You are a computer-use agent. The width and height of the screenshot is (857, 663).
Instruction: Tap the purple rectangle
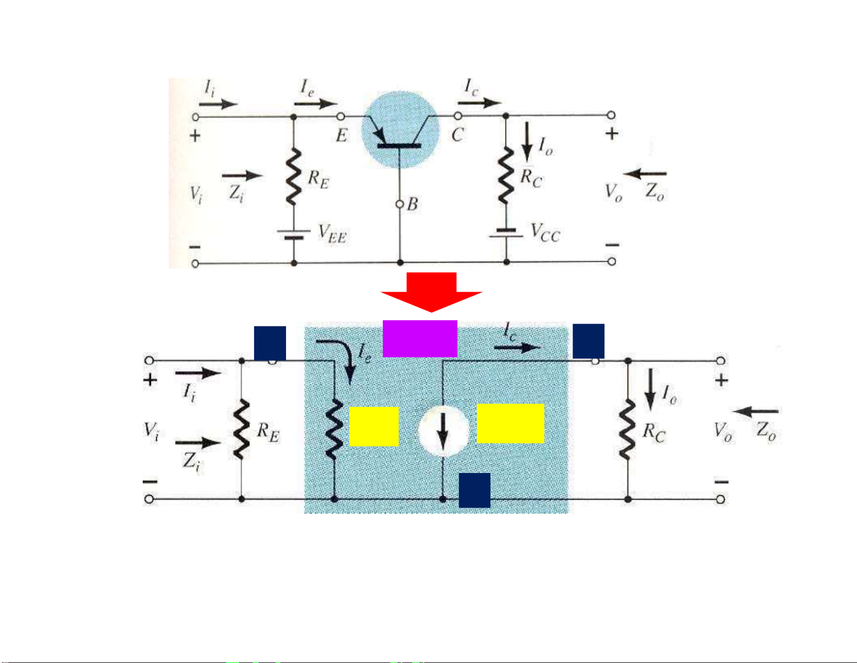click(420, 339)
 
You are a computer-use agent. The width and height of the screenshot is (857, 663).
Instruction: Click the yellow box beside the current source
click(510, 423)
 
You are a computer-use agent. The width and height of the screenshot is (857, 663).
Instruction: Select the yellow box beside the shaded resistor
click(374, 426)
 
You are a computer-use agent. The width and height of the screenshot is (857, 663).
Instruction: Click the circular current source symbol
click(443, 431)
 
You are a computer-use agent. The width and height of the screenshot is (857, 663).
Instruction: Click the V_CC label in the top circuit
click(545, 233)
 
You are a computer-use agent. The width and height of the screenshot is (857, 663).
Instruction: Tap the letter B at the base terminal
click(413, 204)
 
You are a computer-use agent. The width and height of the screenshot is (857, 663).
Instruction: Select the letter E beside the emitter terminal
click(341, 135)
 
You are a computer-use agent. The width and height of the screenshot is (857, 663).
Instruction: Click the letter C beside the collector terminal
click(457, 135)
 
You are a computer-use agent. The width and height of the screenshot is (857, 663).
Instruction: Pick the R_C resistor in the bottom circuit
click(628, 430)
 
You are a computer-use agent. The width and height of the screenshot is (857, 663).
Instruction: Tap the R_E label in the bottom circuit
click(268, 432)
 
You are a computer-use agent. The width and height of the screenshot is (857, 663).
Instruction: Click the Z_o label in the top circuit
click(655, 192)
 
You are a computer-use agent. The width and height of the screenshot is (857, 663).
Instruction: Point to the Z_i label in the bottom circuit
click(190, 462)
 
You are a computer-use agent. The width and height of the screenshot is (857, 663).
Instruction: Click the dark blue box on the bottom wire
click(474, 490)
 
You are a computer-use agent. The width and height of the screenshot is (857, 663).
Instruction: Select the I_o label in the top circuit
click(546, 146)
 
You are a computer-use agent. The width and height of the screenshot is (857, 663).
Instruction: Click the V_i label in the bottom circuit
click(151, 431)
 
